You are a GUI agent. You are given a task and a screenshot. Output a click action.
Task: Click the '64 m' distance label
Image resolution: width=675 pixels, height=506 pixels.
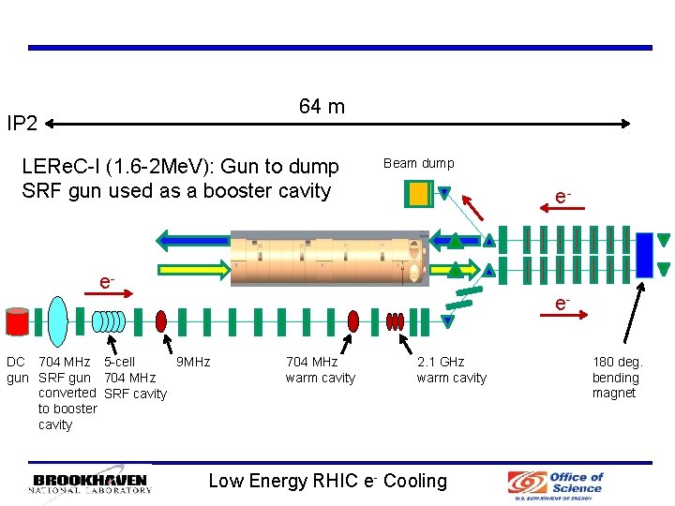pyautogui.click(x=322, y=107)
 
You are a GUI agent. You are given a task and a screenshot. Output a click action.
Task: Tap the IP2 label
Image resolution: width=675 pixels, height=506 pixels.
pyautogui.click(x=22, y=124)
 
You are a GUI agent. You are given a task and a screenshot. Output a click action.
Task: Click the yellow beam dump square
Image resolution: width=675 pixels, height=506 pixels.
pyautogui.click(x=417, y=193)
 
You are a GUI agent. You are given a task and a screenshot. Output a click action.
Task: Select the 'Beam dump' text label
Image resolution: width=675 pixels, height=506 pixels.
pyautogui.click(x=418, y=163)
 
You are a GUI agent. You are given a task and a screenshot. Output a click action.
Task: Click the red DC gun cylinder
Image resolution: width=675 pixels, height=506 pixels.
pyautogui.click(x=16, y=321)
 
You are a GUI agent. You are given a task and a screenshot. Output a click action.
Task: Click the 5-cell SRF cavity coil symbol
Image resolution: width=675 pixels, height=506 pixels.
pyautogui.click(x=112, y=321)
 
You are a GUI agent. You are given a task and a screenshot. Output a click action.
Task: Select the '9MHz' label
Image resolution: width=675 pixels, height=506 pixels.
pyautogui.click(x=193, y=362)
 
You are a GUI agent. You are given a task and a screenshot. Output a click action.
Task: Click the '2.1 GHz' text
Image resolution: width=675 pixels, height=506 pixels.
pyautogui.click(x=441, y=362)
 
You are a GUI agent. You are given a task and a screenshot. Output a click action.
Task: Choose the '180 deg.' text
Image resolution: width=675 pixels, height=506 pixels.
pyautogui.click(x=617, y=362)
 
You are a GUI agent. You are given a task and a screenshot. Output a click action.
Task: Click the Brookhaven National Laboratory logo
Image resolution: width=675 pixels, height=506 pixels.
pyautogui.click(x=90, y=483)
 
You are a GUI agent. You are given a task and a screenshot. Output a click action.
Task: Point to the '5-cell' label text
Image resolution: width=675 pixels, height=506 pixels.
pyautogui.click(x=119, y=362)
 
